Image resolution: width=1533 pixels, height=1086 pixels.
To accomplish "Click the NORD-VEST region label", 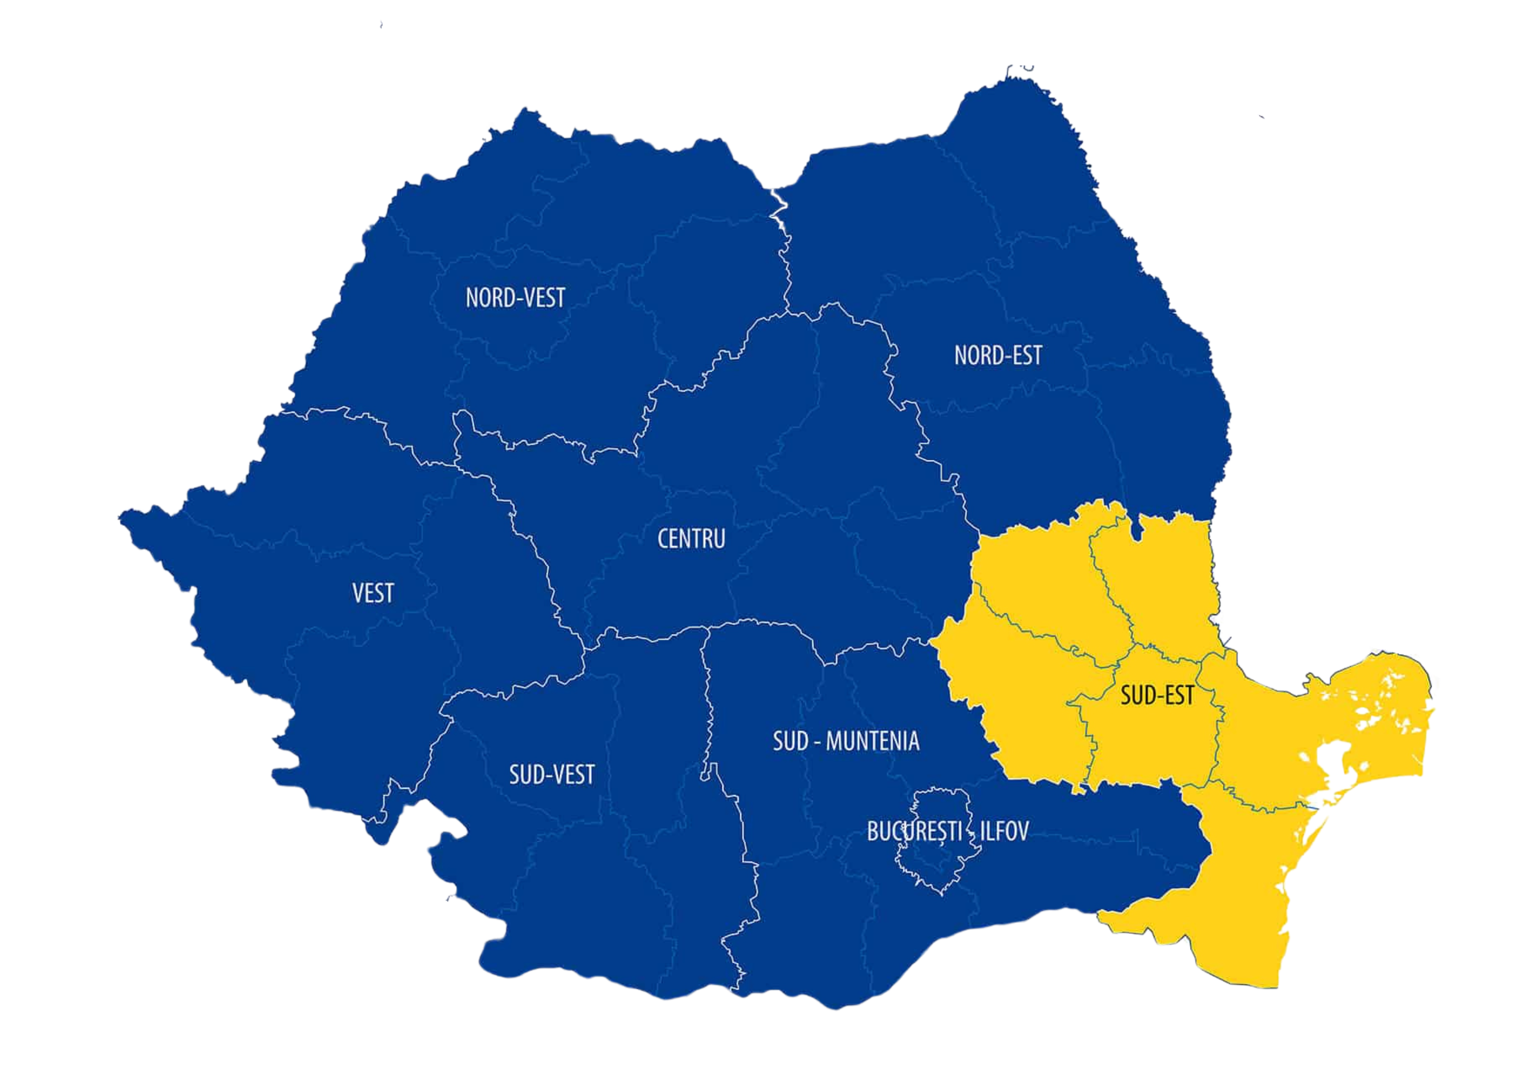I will (x=515, y=298).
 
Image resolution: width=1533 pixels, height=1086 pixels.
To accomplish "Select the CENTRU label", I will (x=691, y=538).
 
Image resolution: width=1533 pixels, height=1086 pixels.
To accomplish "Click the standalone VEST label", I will (x=373, y=593).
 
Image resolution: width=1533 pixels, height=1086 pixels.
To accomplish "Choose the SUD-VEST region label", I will (x=551, y=774).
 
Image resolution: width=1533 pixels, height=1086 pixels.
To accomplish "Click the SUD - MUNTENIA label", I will (x=846, y=741).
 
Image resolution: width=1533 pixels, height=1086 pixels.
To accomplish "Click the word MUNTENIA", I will (x=873, y=741).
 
